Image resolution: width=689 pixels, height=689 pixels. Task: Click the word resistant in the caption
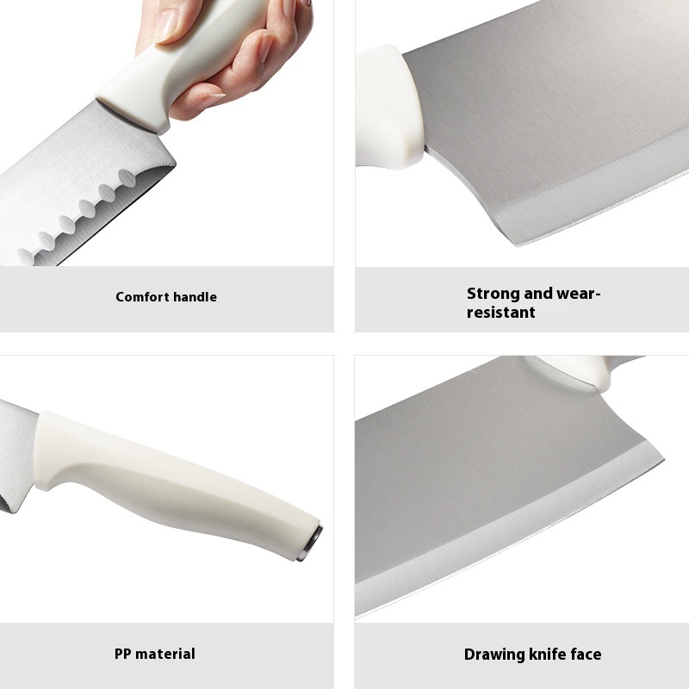(501, 313)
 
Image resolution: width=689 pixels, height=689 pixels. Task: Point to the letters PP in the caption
(123, 654)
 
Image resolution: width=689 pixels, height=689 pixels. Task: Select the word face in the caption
(587, 655)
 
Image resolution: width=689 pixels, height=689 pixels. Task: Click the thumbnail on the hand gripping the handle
(166, 27)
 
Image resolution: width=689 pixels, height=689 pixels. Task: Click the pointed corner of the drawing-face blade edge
(663, 459)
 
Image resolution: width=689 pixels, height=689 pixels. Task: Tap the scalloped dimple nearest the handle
(127, 177)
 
